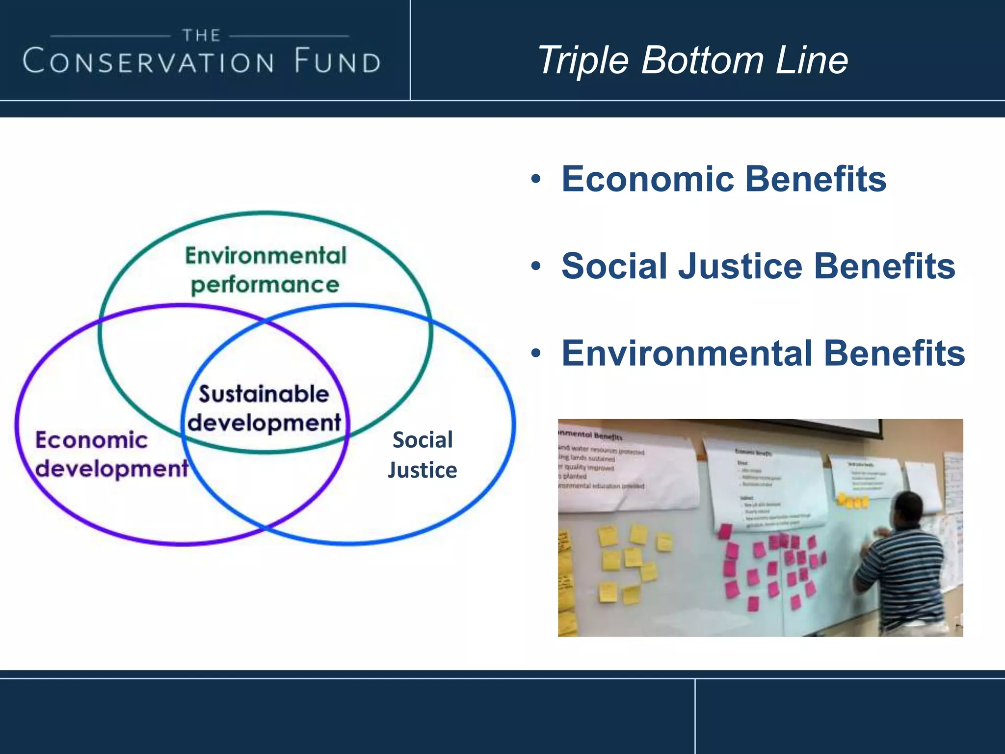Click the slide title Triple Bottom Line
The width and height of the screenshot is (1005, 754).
tap(692, 60)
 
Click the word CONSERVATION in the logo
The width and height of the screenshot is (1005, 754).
tap(148, 62)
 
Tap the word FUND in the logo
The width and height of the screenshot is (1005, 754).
tap(338, 62)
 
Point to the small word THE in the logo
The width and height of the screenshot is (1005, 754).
tap(201, 35)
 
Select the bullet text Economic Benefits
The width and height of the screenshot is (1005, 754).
tap(724, 179)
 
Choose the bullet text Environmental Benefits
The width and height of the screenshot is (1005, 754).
tap(763, 353)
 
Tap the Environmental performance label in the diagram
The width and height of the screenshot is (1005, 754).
tap(265, 270)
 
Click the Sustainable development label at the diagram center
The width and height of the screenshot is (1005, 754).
tap(264, 408)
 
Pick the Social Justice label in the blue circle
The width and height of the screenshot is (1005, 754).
tap(423, 455)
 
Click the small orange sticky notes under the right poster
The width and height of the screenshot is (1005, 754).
tap(852, 501)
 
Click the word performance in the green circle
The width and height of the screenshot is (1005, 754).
tap(265, 285)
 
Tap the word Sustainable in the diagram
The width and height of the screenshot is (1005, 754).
tap(264, 394)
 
